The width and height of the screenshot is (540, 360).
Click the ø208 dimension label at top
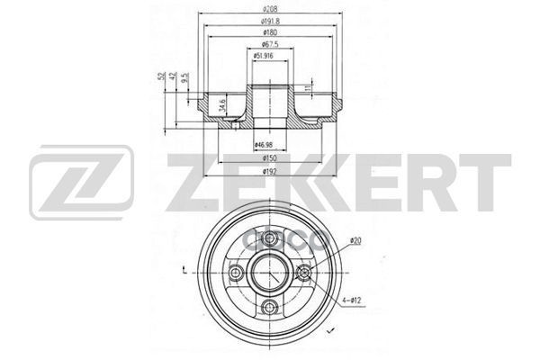269,7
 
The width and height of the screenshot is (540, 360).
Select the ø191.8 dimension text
269,21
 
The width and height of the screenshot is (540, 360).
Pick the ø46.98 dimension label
264,144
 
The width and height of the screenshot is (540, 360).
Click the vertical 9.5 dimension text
185,79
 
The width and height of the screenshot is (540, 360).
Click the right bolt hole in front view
302,274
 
